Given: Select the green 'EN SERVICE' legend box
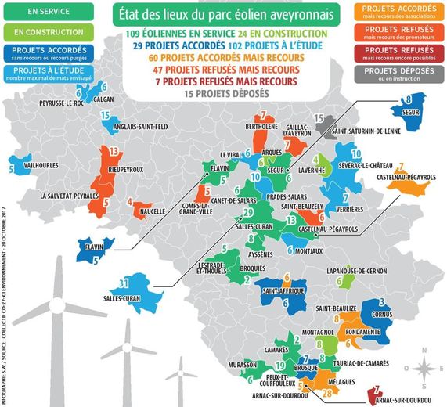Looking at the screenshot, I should (46, 13).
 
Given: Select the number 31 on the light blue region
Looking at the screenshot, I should (123, 282).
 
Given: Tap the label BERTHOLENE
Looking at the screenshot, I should (263, 126).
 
